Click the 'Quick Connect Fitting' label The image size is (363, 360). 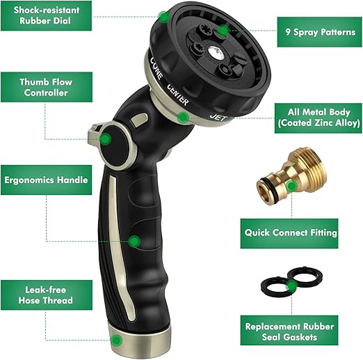pos(291,233)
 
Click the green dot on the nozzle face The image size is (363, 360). pos(221,31)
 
